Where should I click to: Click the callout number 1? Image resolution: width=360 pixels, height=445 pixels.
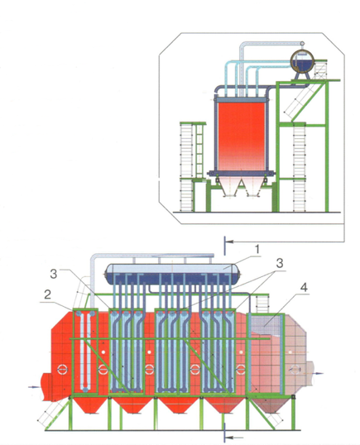257,249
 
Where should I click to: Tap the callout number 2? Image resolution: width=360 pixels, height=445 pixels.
47,294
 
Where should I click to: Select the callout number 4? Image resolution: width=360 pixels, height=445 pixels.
304,288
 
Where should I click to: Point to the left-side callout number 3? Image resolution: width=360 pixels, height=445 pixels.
54,274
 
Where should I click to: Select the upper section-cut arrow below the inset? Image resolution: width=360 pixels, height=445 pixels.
229,242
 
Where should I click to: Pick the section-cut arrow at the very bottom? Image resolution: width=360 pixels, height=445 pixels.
233,438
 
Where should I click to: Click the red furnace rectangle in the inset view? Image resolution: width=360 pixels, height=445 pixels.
241,136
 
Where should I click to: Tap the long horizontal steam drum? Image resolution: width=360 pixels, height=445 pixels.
172,274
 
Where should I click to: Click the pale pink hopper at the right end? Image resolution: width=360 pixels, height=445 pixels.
271,405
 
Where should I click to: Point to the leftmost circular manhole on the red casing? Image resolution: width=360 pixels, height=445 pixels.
62,369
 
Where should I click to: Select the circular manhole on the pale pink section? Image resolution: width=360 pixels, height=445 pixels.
295,370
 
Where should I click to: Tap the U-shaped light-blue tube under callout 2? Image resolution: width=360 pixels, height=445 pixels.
85,352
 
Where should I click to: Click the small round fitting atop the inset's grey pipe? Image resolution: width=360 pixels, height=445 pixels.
302,43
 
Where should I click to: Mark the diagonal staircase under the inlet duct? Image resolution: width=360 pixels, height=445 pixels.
54,413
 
